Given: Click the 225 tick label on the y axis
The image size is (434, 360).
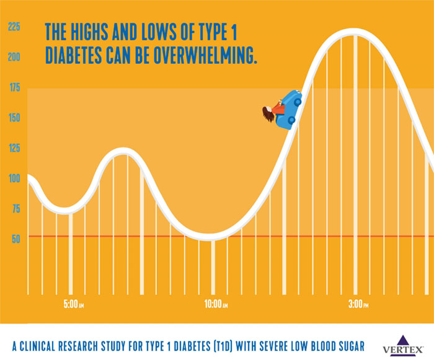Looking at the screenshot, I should (x=14, y=27).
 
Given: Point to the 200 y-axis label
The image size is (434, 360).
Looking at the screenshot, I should (x=14, y=58).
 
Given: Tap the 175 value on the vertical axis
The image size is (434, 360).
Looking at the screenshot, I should (x=14, y=89).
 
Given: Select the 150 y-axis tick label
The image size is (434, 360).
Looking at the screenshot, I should (x=14, y=118).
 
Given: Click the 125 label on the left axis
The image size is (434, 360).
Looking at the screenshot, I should (x=14, y=148).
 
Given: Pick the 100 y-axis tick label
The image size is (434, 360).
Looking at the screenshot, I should (x=14, y=178).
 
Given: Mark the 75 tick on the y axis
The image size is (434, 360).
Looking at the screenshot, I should (x=14, y=209).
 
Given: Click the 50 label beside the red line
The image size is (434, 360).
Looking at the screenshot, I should (x=15, y=239).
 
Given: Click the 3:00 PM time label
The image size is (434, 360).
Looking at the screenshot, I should (x=358, y=305).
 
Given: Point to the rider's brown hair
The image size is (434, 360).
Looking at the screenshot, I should (x=267, y=114).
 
